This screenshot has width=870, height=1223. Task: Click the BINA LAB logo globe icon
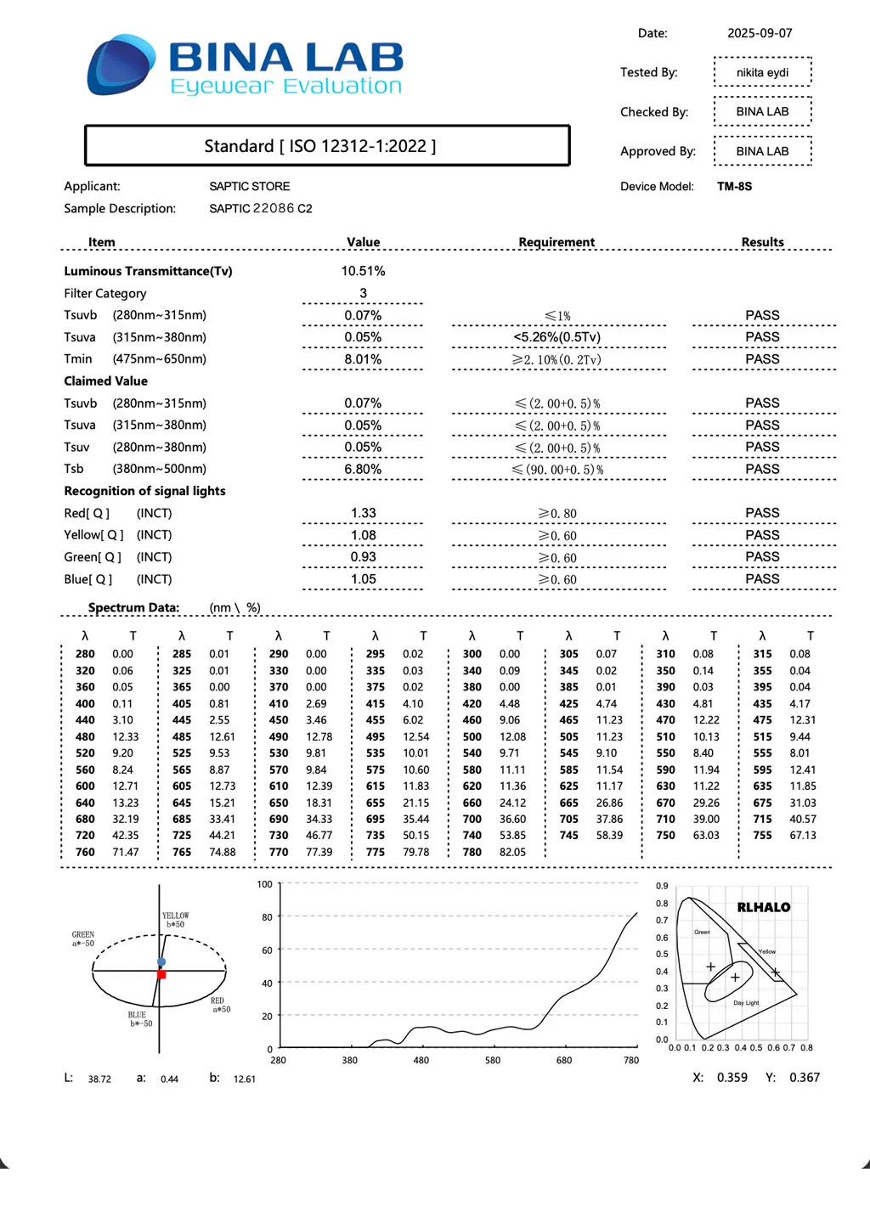pyautogui.click(x=121, y=65)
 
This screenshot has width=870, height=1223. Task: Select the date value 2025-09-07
pyautogui.click(x=760, y=33)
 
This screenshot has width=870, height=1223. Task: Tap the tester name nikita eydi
pyautogui.click(x=762, y=72)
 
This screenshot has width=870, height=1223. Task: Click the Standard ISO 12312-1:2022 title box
pyautogui.click(x=327, y=146)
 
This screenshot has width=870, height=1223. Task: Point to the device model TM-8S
pyautogui.click(x=734, y=186)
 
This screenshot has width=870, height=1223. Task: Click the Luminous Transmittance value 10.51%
pyautogui.click(x=363, y=271)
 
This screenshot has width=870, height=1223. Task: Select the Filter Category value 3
pyautogui.click(x=363, y=293)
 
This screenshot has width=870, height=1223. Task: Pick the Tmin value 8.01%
pyautogui.click(x=363, y=359)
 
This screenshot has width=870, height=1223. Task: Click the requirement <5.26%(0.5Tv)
pyautogui.click(x=557, y=337)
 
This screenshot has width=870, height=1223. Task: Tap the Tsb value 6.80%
pyautogui.click(x=363, y=469)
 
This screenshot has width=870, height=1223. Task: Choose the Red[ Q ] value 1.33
pyautogui.click(x=363, y=513)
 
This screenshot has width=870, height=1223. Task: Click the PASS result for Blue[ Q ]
pyautogui.click(x=762, y=578)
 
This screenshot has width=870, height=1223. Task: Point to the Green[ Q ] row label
pyautogui.click(x=93, y=557)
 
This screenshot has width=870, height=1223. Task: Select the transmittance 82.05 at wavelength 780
pyautogui.click(x=512, y=852)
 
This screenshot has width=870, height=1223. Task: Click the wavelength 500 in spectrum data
pyautogui.click(x=472, y=736)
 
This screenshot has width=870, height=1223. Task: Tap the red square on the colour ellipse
pyautogui.click(x=161, y=974)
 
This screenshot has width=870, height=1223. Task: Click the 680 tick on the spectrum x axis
pyautogui.click(x=564, y=1060)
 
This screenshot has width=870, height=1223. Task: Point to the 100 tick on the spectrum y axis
pyautogui.click(x=265, y=884)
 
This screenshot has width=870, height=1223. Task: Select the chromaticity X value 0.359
pyautogui.click(x=732, y=1077)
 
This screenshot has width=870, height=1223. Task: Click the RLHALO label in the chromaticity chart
pyautogui.click(x=763, y=907)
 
